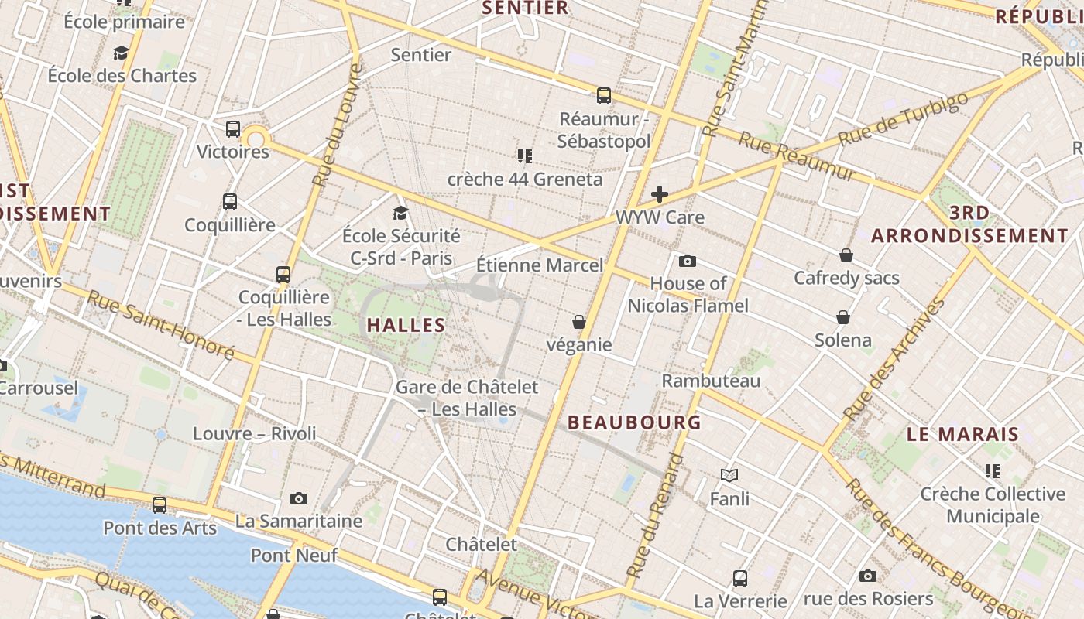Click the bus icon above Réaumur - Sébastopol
pyautogui.click(x=604, y=96)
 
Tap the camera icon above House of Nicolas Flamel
pyautogui.click(x=688, y=262)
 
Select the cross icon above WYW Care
pyautogui.click(x=660, y=193)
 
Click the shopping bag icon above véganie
pyautogui.click(x=578, y=321)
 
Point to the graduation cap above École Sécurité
pyautogui.click(x=400, y=213)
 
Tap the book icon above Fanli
pyautogui.click(x=729, y=475)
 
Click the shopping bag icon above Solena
pyautogui.click(x=843, y=317)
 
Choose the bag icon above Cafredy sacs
pyautogui.click(x=846, y=255)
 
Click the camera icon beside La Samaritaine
pyautogui.click(x=299, y=498)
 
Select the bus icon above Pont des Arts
pyautogui.click(x=160, y=505)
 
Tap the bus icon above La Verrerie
pyautogui.click(x=740, y=578)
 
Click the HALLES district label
pyautogui.click(x=406, y=326)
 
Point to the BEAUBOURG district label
pyautogui.click(x=634, y=422)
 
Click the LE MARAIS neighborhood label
pyautogui.click(x=962, y=435)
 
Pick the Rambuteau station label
pyautogui.click(x=711, y=381)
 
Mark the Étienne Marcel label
pyautogui.click(x=539, y=265)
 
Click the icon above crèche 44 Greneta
pyautogui.click(x=525, y=156)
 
